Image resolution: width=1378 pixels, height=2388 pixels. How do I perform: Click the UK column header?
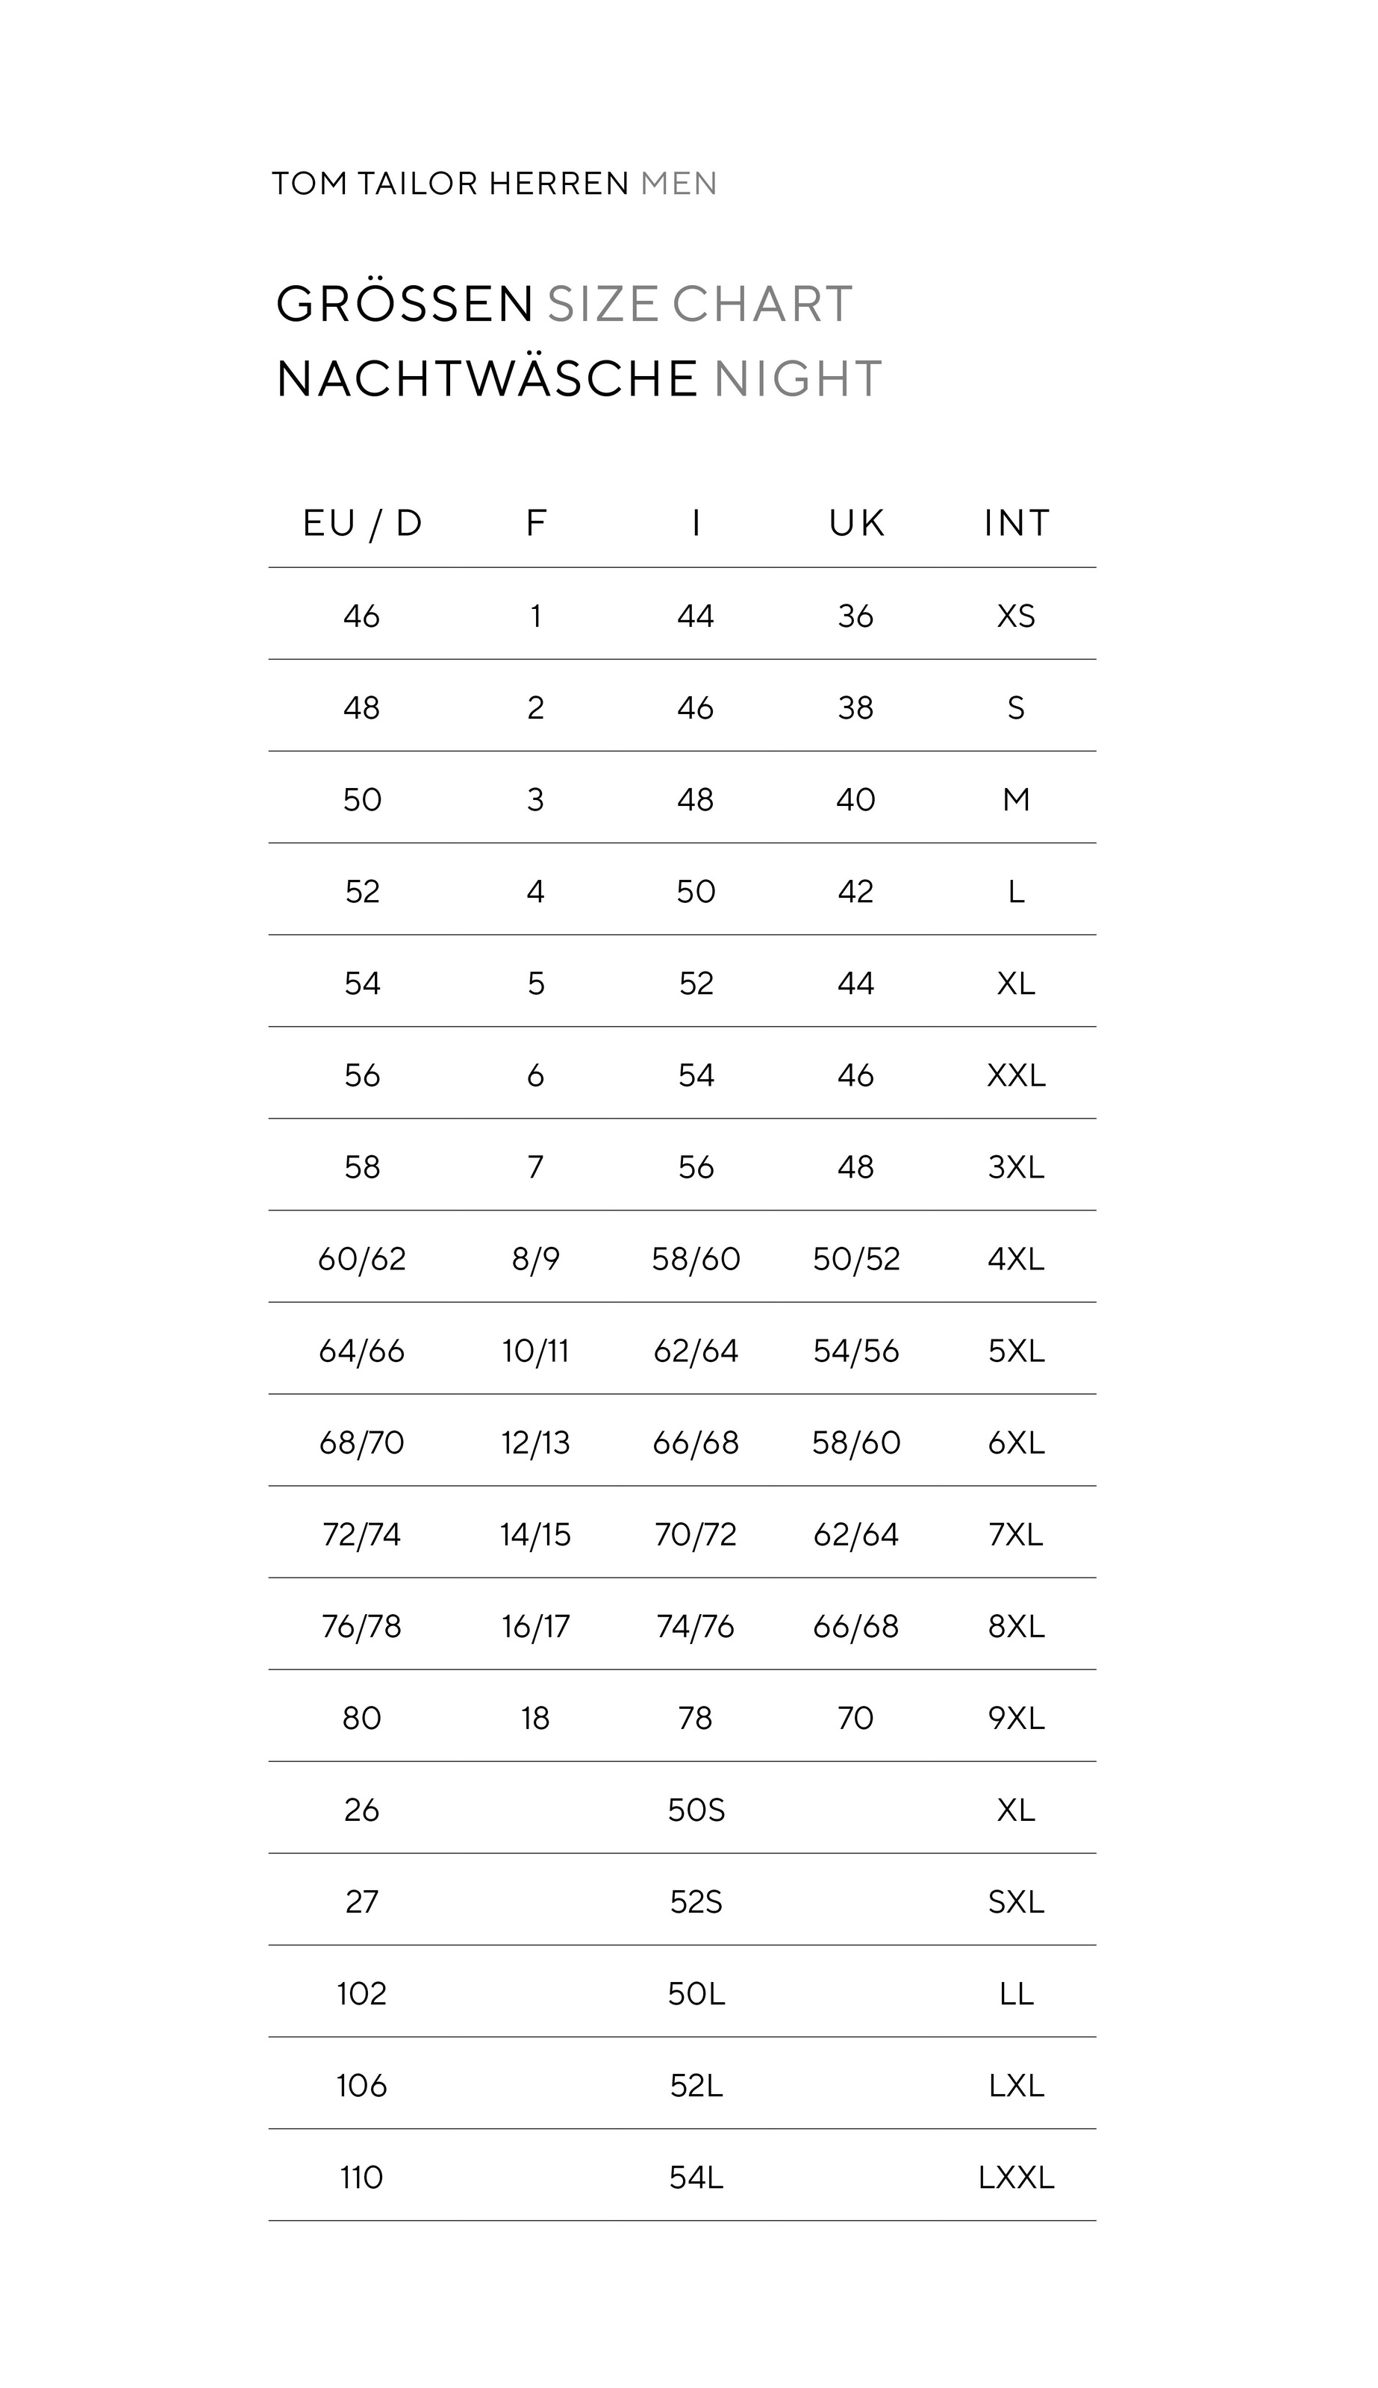[x=856, y=523]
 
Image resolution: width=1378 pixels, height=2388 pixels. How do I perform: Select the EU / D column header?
[x=363, y=523]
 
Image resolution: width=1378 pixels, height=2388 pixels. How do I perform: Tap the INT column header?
[x=1017, y=523]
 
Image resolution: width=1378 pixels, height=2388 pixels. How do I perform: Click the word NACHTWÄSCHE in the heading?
[x=487, y=379]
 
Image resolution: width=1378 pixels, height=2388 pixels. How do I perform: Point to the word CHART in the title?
[x=762, y=304]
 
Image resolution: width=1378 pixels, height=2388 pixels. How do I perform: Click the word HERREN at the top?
[x=559, y=184]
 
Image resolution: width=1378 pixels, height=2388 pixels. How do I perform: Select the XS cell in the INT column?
[x=1017, y=617]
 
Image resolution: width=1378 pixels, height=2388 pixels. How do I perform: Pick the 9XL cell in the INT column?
[x=1017, y=1718]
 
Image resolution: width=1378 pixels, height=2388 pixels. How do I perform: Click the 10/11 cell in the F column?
[x=536, y=1351]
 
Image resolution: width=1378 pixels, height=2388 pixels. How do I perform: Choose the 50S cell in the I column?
[x=696, y=1810]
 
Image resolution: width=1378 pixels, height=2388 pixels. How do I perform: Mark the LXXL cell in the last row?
[x=1017, y=2177]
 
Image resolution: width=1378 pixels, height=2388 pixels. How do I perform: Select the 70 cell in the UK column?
[x=855, y=1718]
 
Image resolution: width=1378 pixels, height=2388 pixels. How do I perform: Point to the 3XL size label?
[x=1017, y=1168]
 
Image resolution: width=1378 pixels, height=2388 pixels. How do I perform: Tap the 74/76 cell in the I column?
[x=696, y=1626]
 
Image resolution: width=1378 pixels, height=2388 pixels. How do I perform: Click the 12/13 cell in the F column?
[x=536, y=1443]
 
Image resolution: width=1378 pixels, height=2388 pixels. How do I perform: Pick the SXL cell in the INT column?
[x=1017, y=1901]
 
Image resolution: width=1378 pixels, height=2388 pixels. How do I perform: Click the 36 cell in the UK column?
[x=855, y=617]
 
